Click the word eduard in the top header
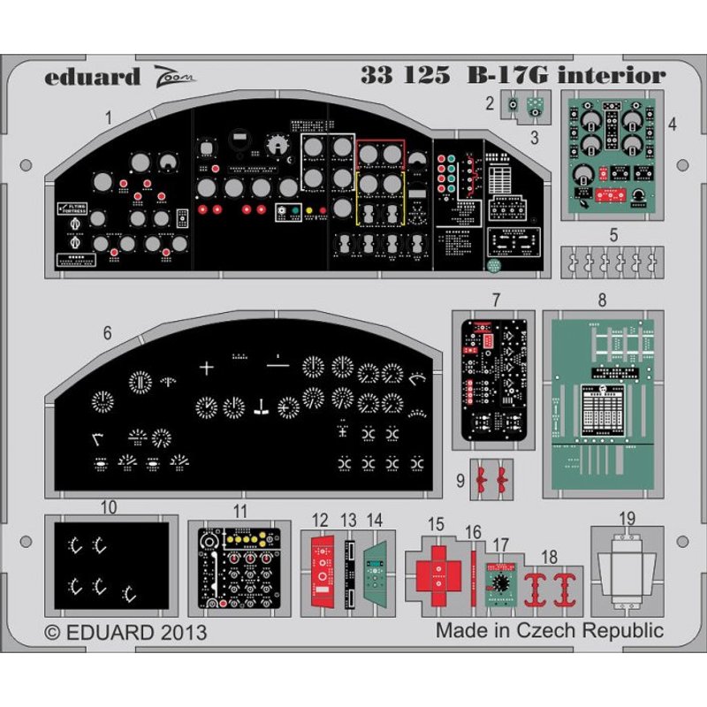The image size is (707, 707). (92, 76)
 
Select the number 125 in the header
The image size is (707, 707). (429, 76)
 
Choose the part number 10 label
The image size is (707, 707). (108, 507)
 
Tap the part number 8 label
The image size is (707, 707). (602, 300)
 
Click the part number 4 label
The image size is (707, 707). (673, 124)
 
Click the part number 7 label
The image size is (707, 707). (497, 300)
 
